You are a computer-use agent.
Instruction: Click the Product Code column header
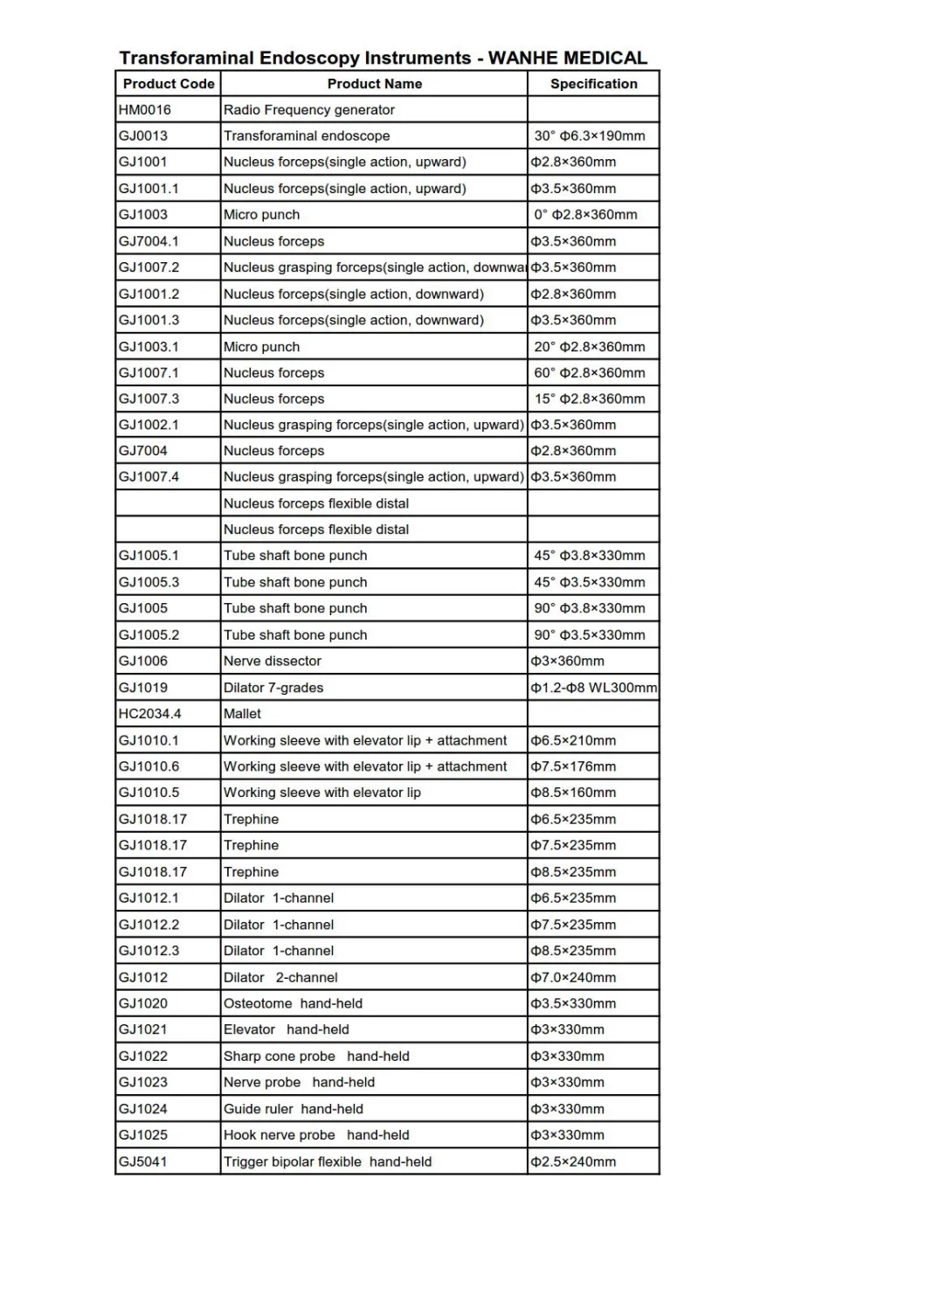(x=169, y=84)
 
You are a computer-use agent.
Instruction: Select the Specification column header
(x=593, y=84)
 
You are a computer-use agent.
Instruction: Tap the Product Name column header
(x=374, y=84)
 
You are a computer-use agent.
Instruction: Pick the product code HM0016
(x=145, y=110)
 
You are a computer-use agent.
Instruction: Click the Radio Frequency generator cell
(x=309, y=110)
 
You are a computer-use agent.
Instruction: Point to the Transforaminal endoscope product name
(x=307, y=136)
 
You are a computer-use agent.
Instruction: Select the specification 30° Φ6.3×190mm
(x=590, y=136)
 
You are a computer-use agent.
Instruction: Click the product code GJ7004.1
(x=149, y=241)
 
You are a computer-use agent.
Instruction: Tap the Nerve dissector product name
(x=273, y=662)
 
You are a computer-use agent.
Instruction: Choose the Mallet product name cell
(x=242, y=714)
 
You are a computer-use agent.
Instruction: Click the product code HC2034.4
(x=150, y=714)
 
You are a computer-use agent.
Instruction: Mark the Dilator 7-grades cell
(x=273, y=688)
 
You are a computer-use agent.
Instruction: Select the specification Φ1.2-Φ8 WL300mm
(x=593, y=688)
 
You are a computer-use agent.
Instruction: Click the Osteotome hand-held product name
(x=293, y=1003)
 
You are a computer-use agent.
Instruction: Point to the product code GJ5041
(x=143, y=1161)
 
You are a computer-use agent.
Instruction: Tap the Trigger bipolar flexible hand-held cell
(x=328, y=1161)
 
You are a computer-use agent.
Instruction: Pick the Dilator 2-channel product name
(x=280, y=977)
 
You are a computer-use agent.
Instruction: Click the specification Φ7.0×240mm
(x=573, y=977)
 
